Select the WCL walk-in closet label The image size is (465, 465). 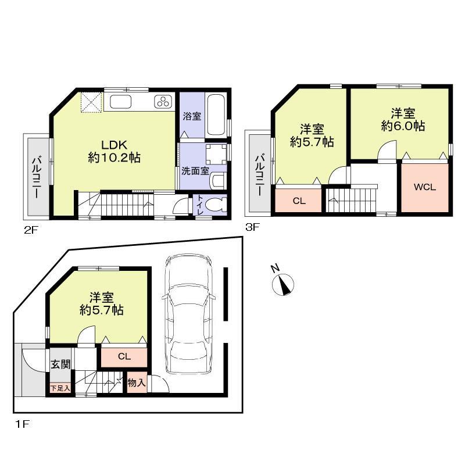tap(425, 187)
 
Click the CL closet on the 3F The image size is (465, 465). tap(299, 201)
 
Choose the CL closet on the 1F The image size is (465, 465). tap(124, 356)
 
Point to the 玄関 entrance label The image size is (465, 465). tap(60, 365)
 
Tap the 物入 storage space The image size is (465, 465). tap(137, 383)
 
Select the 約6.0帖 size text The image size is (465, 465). tap(403, 126)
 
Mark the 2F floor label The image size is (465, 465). tap(30, 230)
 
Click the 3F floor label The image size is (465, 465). tap(252, 228)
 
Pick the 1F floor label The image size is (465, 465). tap(22, 424)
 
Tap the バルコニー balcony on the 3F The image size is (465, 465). tap(259, 173)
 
